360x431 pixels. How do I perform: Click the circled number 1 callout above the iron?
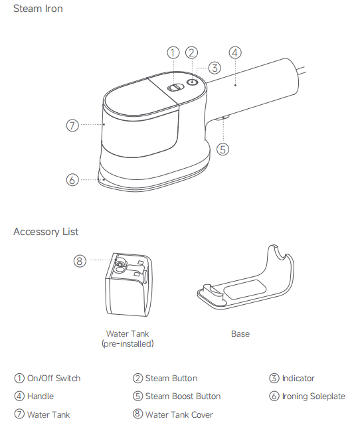[173, 52]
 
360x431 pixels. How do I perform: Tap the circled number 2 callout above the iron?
[192, 52]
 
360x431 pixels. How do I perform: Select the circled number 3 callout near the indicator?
[215, 68]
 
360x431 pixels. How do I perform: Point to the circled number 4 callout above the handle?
[235, 52]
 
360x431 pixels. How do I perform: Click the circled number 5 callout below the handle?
[223, 149]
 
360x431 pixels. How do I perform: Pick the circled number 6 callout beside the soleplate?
[72, 180]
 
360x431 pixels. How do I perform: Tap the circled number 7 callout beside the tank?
[72, 126]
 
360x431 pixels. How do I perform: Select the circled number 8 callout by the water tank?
[80, 260]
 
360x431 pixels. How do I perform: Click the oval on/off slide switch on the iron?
[176, 88]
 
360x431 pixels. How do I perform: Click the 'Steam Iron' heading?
[38, 9]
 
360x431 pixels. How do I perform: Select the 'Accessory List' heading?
[46, 232]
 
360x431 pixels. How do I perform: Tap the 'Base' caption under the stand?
[240, 333]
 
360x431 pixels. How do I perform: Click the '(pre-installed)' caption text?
[128, 343]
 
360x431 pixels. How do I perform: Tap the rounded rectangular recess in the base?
[245, 290]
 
